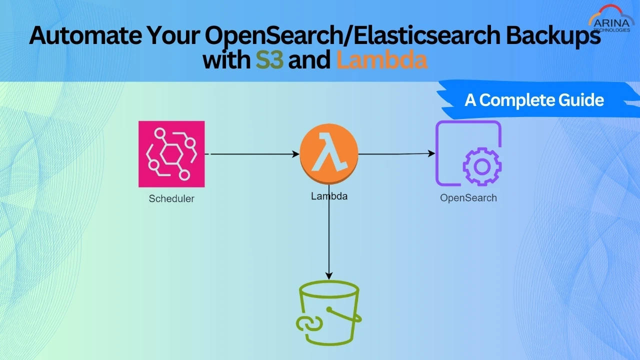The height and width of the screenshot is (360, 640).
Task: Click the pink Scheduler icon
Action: [171, 154]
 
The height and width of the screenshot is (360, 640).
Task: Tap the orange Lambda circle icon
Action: [328, 154]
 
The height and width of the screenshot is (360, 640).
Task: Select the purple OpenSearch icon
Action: [468, 154]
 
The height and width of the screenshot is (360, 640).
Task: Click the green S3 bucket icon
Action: [328, 312]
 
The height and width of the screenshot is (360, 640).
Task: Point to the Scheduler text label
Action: [171, 198]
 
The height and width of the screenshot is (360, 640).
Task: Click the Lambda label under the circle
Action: [329, 196]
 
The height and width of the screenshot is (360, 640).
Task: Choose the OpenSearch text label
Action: [468, 198]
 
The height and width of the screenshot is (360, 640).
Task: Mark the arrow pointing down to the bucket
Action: [328, 240]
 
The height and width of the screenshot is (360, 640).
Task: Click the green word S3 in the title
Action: [269, 60]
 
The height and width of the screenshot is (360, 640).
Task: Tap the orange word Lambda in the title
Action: [382, 60]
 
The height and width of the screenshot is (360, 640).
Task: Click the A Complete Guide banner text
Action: [534, 100]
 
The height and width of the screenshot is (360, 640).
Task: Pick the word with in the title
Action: [226, 60]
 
